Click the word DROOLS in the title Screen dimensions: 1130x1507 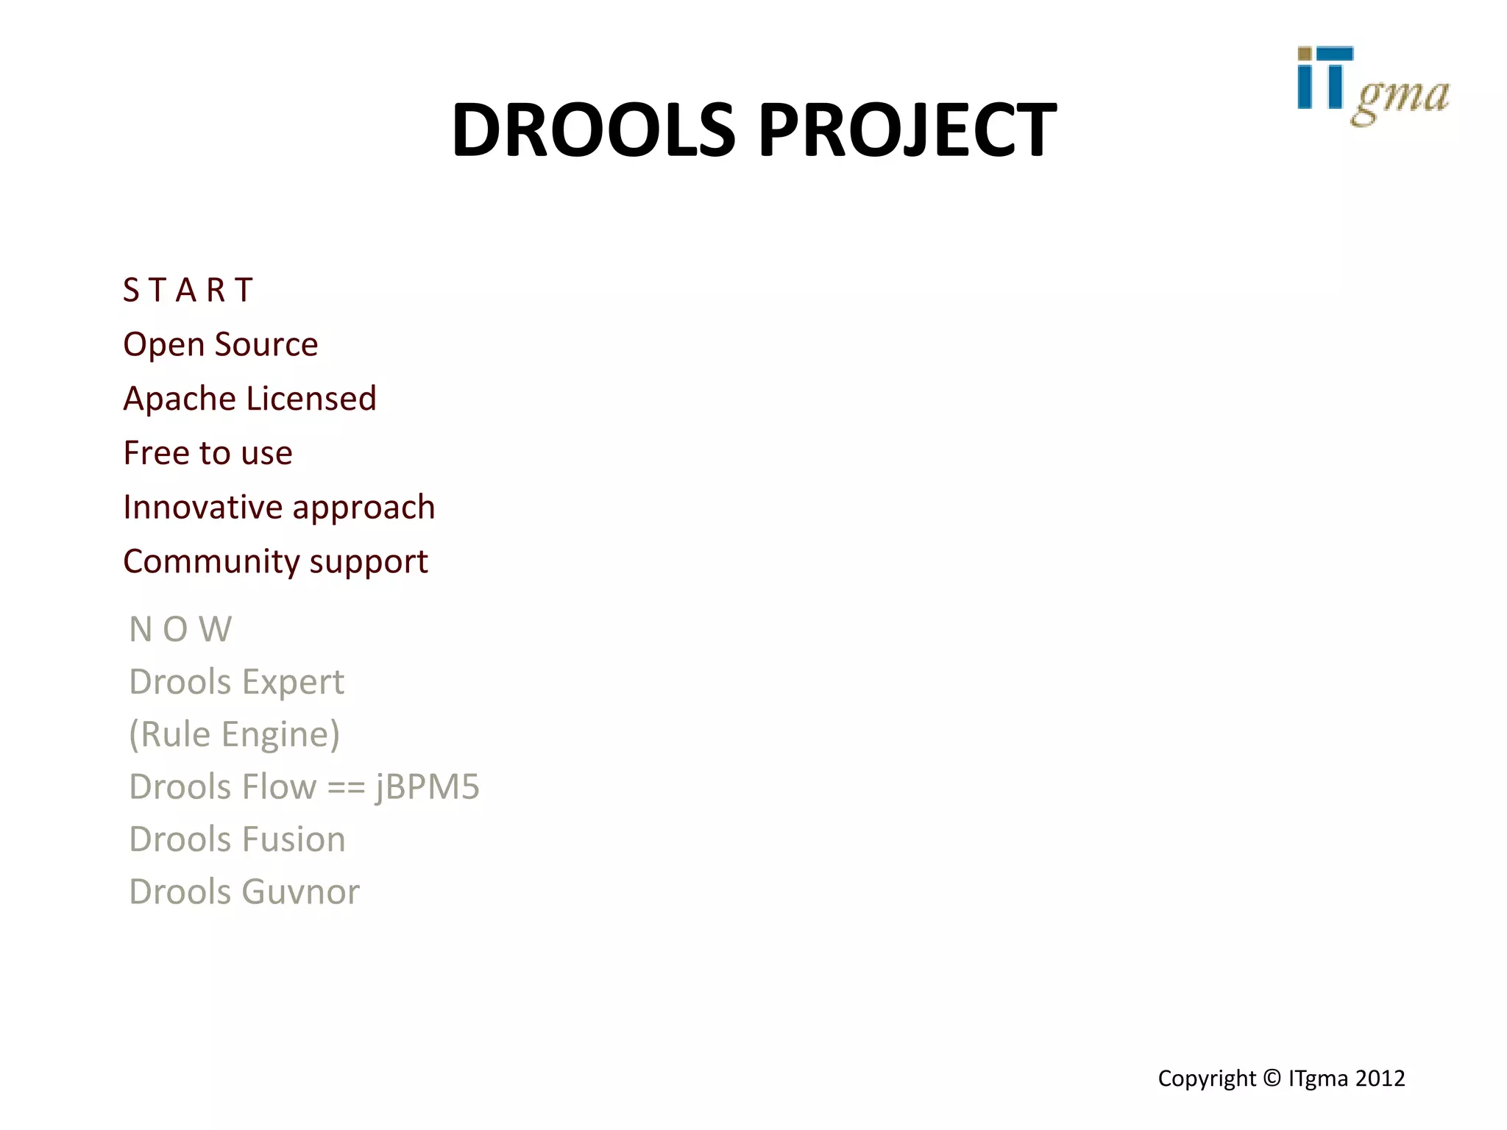point(593,130)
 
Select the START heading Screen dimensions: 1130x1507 point(188,290)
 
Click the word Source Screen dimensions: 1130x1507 point(266,344)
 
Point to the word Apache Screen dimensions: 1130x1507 point(180,399)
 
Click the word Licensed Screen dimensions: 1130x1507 point(311,399)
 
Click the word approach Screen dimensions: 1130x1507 point(364,508)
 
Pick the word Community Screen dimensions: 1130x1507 point(210,562)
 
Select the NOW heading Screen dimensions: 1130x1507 point(180,630)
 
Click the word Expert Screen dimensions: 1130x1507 point(293,683)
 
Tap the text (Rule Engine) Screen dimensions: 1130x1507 point(234,735)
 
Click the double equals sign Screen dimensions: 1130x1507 point(346,787)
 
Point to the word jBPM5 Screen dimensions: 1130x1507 point(428,787)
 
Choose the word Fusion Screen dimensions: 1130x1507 point(294,839)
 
